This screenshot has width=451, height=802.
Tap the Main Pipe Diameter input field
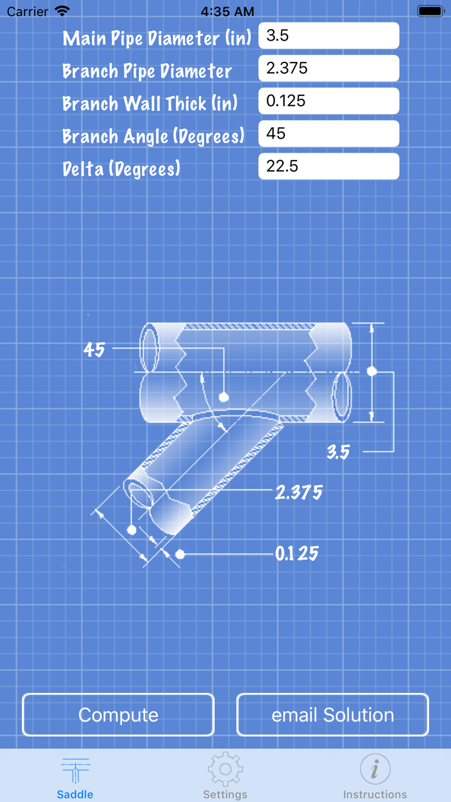329,36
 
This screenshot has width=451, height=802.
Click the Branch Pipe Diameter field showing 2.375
329,68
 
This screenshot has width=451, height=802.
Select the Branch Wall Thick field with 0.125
329,101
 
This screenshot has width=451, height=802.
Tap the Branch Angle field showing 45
329,134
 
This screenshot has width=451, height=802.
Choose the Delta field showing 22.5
329,166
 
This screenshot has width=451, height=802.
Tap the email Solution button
332,715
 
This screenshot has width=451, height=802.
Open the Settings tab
225,777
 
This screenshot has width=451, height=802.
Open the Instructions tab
375,777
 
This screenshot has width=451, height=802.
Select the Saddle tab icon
75,770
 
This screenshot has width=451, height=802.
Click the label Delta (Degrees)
121,169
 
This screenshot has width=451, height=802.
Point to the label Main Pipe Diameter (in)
157,38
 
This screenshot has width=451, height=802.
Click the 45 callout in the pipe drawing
94,349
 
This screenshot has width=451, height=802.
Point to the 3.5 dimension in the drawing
338,451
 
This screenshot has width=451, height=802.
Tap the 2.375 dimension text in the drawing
298,493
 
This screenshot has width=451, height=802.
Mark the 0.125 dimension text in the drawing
296,554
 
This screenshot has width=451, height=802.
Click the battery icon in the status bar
430,11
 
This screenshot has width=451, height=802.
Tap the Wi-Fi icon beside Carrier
62,11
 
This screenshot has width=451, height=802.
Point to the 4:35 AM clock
227,11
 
